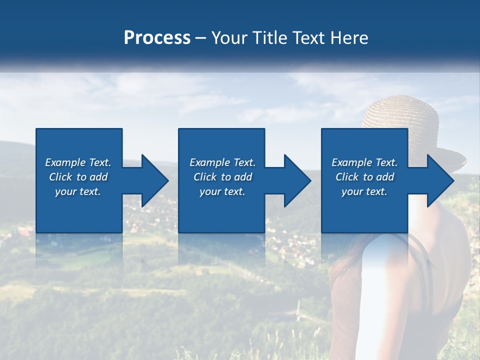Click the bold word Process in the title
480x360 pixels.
[x=157, y=38]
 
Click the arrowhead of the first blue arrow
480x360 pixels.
[x=155, y=180]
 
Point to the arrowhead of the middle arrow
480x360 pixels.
[x=298, y=180]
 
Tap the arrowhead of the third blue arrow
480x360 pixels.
[x=440, y=180]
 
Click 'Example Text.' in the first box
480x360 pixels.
[x=78, y=162]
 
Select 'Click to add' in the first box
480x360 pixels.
[x=78, y=177]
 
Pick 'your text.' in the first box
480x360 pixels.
[x=78, y=191]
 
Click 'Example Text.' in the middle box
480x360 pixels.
[x=222, y=162]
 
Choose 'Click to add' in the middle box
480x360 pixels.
[x=222, y=177]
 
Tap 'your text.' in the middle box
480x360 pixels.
[x=222, y=191]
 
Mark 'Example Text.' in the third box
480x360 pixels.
[x=364, y=162]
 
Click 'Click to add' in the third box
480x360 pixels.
[x=364, y=177]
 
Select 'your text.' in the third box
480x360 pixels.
[x=364, y=191]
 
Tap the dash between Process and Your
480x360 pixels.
[x=201, y=38]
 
